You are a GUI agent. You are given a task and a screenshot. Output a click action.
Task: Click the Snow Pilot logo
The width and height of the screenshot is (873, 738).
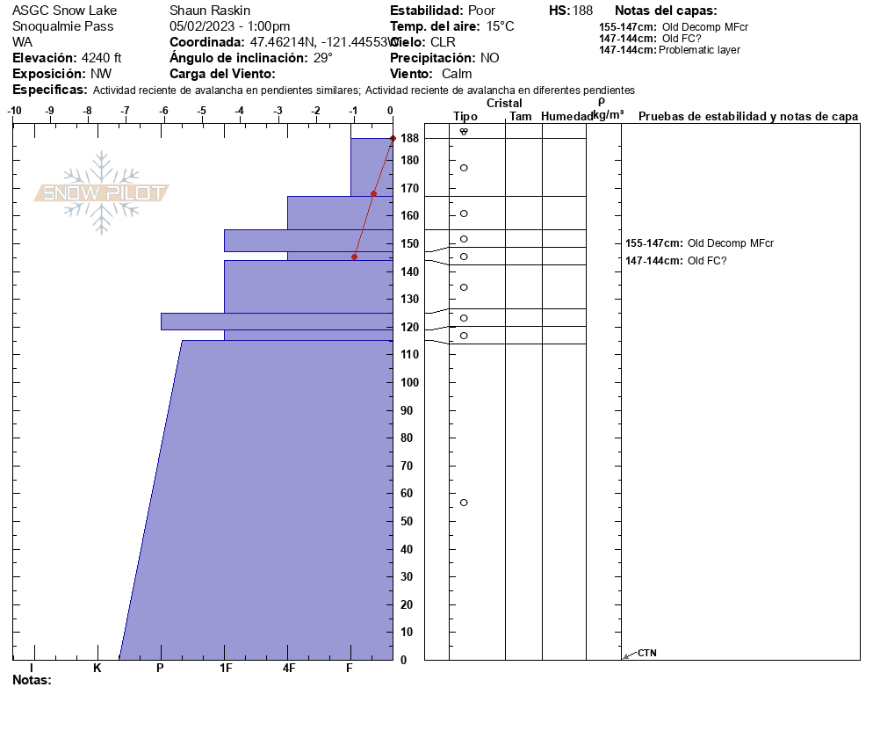click(102, 192)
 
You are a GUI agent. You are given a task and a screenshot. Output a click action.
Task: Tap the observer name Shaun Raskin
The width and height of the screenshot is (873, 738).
click(210, 11)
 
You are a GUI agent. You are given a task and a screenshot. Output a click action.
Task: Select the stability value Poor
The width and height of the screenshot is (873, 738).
click(481, 11)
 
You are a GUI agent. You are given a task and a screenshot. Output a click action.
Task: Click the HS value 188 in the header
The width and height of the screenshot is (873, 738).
click(582, 11)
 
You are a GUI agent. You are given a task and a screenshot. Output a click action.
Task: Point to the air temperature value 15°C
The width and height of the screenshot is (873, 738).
click(500, 26)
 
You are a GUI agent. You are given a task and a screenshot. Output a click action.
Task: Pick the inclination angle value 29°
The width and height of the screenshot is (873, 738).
click(323, 58)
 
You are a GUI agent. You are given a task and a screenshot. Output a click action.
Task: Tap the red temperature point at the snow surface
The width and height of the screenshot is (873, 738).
click(393, 139)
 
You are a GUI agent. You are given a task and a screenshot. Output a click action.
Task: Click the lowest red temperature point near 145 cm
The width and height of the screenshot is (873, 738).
click(355, 257)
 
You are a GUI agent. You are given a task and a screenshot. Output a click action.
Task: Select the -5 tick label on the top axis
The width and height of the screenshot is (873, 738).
click(201, 111)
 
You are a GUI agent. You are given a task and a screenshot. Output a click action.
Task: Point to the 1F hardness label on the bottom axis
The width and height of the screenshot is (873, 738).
click(226, 668)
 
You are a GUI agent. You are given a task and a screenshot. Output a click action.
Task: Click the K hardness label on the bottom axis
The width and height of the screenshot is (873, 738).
click(97, 668)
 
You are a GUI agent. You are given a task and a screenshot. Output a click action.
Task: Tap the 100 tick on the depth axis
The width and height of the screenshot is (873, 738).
click(408, 382)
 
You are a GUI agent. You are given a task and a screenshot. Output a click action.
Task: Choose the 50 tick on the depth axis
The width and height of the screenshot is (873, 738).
click(408, 521)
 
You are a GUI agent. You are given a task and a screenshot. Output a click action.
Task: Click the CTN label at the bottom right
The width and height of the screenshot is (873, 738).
click(647, 653)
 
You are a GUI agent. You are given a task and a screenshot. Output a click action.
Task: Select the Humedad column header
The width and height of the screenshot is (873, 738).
click(566, 116)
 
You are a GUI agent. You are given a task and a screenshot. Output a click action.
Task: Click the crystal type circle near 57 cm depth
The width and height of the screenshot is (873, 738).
click(464, 503)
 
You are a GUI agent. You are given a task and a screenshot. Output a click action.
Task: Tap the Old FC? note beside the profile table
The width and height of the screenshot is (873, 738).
click(707, 260)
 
